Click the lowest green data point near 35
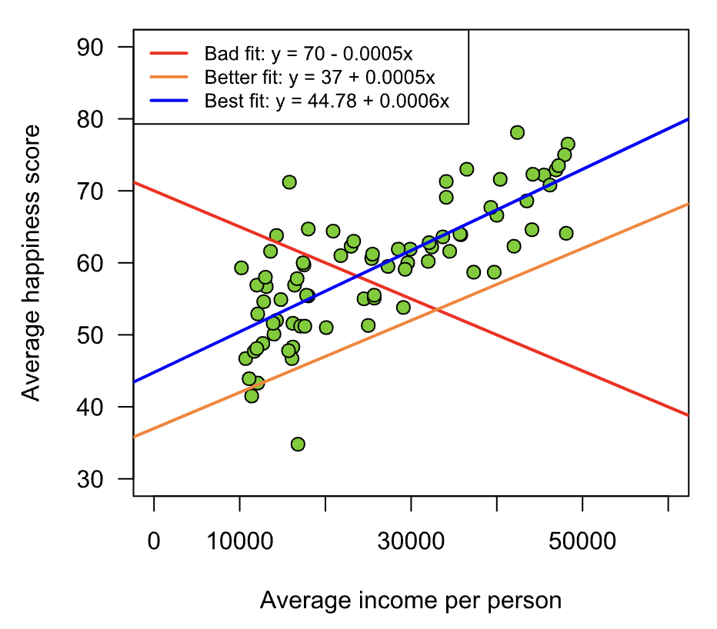[x=298, y=444]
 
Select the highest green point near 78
[x=517, y=132]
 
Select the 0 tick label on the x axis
[x=154, y=543]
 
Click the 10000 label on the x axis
[x=239, y=543]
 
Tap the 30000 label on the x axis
[x=411, y=543]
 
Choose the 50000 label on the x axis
[x=582, y=543]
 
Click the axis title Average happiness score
[x=31, y=263]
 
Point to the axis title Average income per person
[x=411, y=601]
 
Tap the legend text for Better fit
[x=320, y=77]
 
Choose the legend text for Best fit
[x=327, y=101]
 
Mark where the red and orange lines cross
[x=437, y=310]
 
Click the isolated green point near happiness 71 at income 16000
[x=289, y=182]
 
